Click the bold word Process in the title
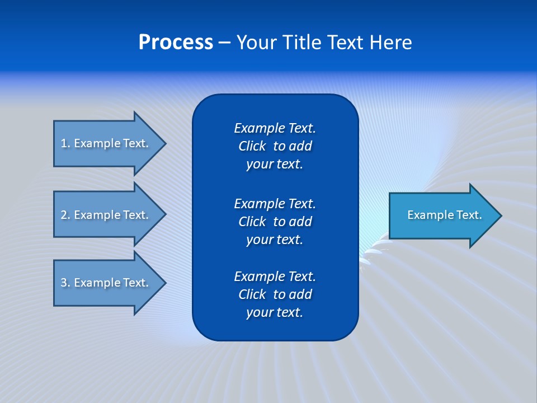pos(176,43)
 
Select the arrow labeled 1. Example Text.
pos(106,143)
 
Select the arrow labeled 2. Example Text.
pos(106,215)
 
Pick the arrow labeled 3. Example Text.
pos(106,283)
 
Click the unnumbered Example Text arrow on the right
pos(442,215)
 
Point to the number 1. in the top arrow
pos(65,143)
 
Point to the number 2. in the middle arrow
pos(65,215)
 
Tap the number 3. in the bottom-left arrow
pos(65,283)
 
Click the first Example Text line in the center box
pos(275,128)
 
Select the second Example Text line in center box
pos(275,203)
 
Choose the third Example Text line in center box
pos(275,277)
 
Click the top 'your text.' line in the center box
pos(275,165)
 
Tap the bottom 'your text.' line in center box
pos(275,313)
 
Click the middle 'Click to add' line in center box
pos(275,222)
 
